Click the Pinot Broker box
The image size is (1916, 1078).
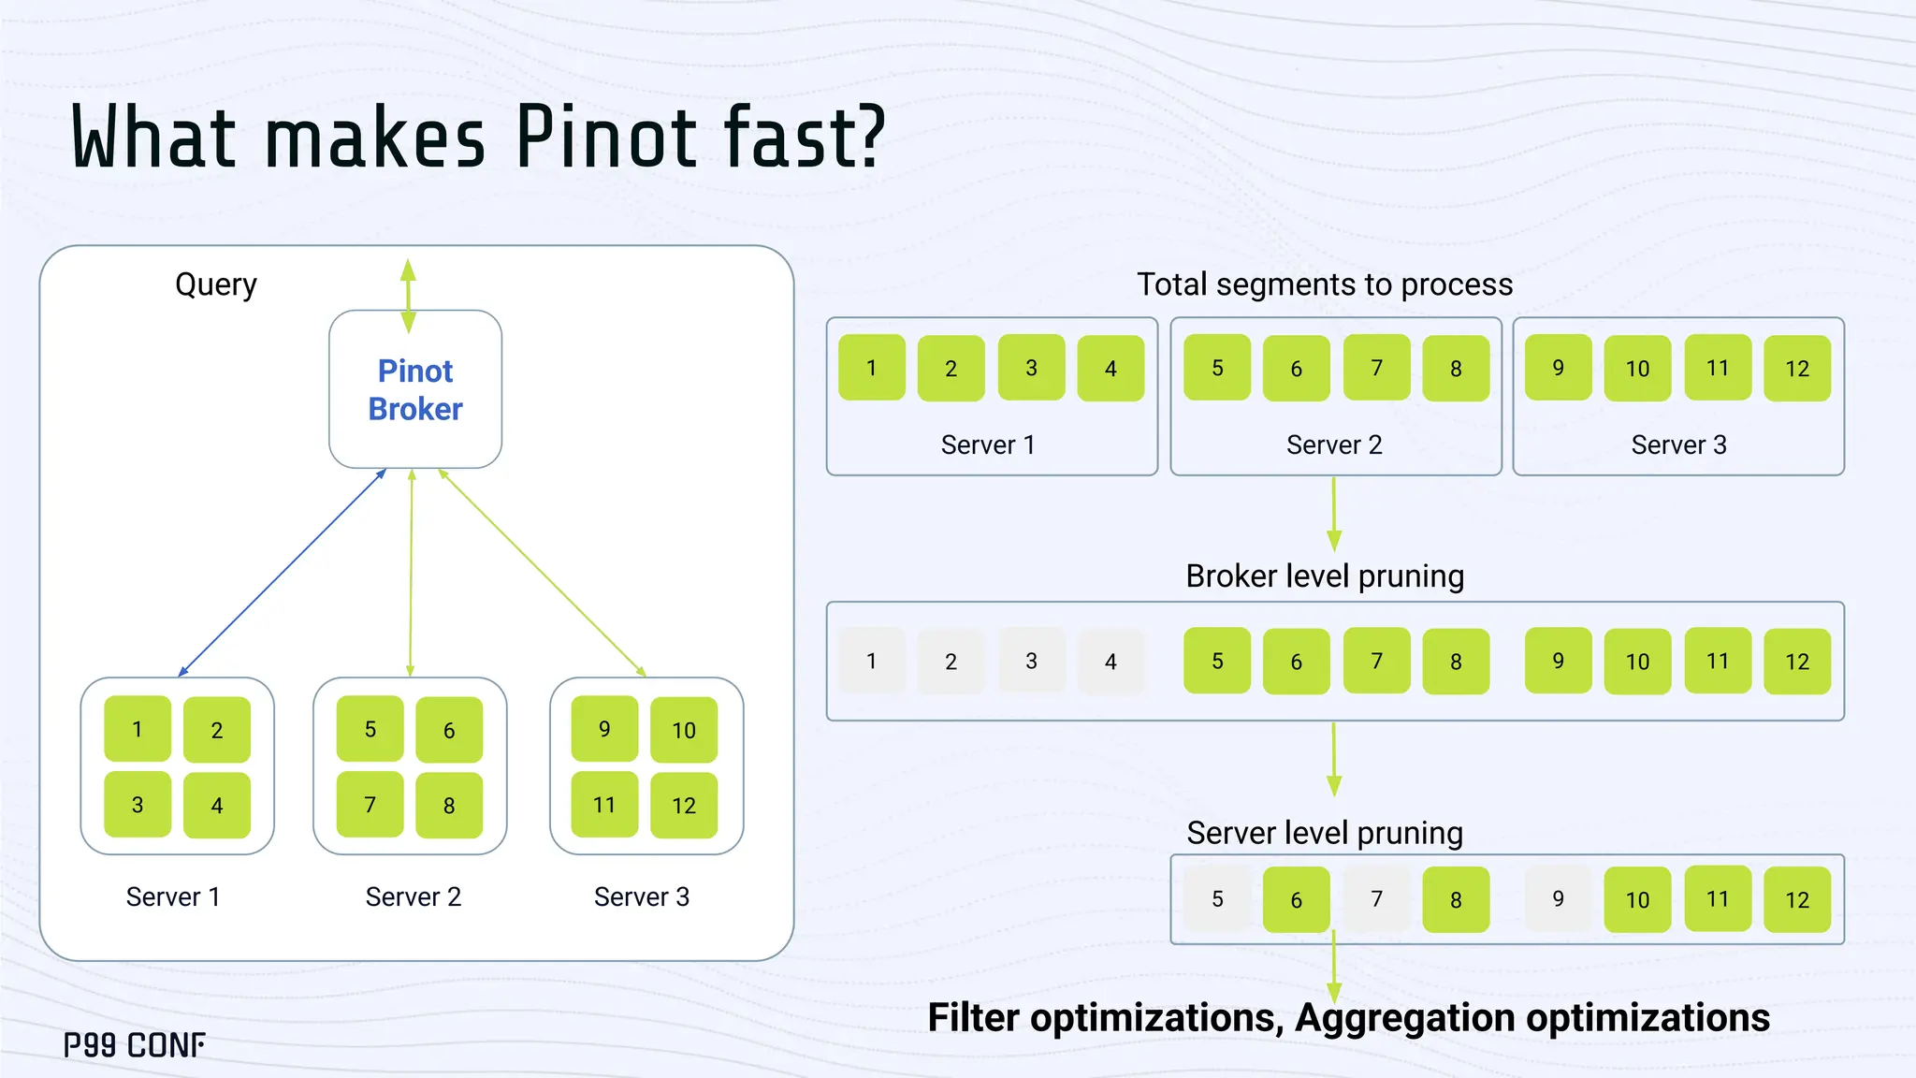coord(415,389)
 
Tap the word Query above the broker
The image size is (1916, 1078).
coord(216,284)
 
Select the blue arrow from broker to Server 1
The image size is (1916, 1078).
coord(281,573)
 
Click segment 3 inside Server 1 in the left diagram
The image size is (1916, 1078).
coord(138,805)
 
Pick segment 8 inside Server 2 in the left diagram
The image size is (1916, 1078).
coord(449,805)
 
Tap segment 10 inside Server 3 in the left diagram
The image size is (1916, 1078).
coord(684,730)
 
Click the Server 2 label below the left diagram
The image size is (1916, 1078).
coord(414,896)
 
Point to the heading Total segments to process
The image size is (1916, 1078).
coord(1325,284)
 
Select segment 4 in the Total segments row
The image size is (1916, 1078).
coord(1110,369)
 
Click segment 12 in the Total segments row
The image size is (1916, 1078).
coord(1797,369)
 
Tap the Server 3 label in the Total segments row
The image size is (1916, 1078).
coord(1679,444)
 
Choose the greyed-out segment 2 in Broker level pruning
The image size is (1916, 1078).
coord(951,662)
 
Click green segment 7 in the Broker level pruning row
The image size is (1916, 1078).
coord(1376,661)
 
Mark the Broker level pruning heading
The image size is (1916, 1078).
coord(1325,576)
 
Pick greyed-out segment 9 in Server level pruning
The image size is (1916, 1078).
coord(1558,899)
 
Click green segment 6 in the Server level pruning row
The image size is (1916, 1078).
coord(1297,899)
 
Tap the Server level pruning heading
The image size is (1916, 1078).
coord(1325,833)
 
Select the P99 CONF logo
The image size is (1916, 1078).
coord(135,1045)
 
